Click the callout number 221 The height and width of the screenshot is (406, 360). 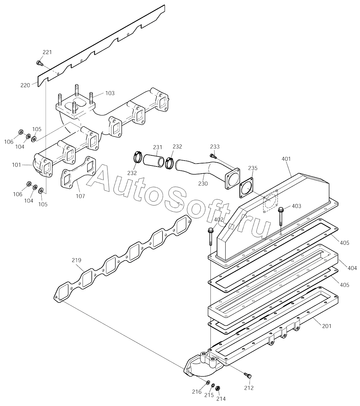pos(47,52)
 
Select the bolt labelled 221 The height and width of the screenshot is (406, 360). pos(39,62)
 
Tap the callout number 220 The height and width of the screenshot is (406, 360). pos(25,85)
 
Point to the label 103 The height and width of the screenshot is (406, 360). pos(110,93)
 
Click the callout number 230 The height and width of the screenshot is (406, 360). pos(203,184)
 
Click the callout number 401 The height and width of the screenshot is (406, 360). pos(286,159)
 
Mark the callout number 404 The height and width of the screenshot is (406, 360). pos(352,268)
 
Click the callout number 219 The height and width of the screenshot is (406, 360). pos(76,260)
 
